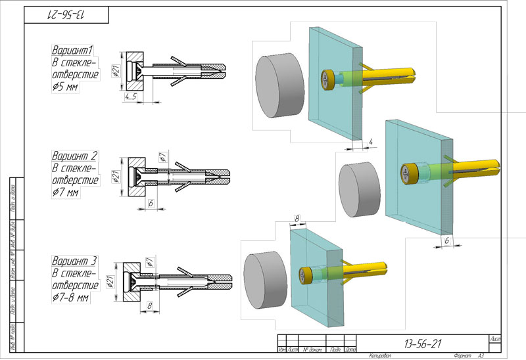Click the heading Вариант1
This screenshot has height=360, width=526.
tap(73, 50)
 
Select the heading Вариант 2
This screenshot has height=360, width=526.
tap(74, 156)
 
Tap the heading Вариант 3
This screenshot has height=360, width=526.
tap(74, 259)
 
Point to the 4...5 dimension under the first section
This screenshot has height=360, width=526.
tap(130, 97)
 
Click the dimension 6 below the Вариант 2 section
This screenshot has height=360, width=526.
tap(151, 204)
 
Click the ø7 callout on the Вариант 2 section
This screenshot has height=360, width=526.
tap(163, 156)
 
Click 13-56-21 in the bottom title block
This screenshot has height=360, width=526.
tap(422, 342)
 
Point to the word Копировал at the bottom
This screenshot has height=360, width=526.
tap(381, 355)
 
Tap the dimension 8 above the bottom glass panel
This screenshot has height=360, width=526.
tap(297, 217)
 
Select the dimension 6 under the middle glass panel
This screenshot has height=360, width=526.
tap(446, 242)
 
